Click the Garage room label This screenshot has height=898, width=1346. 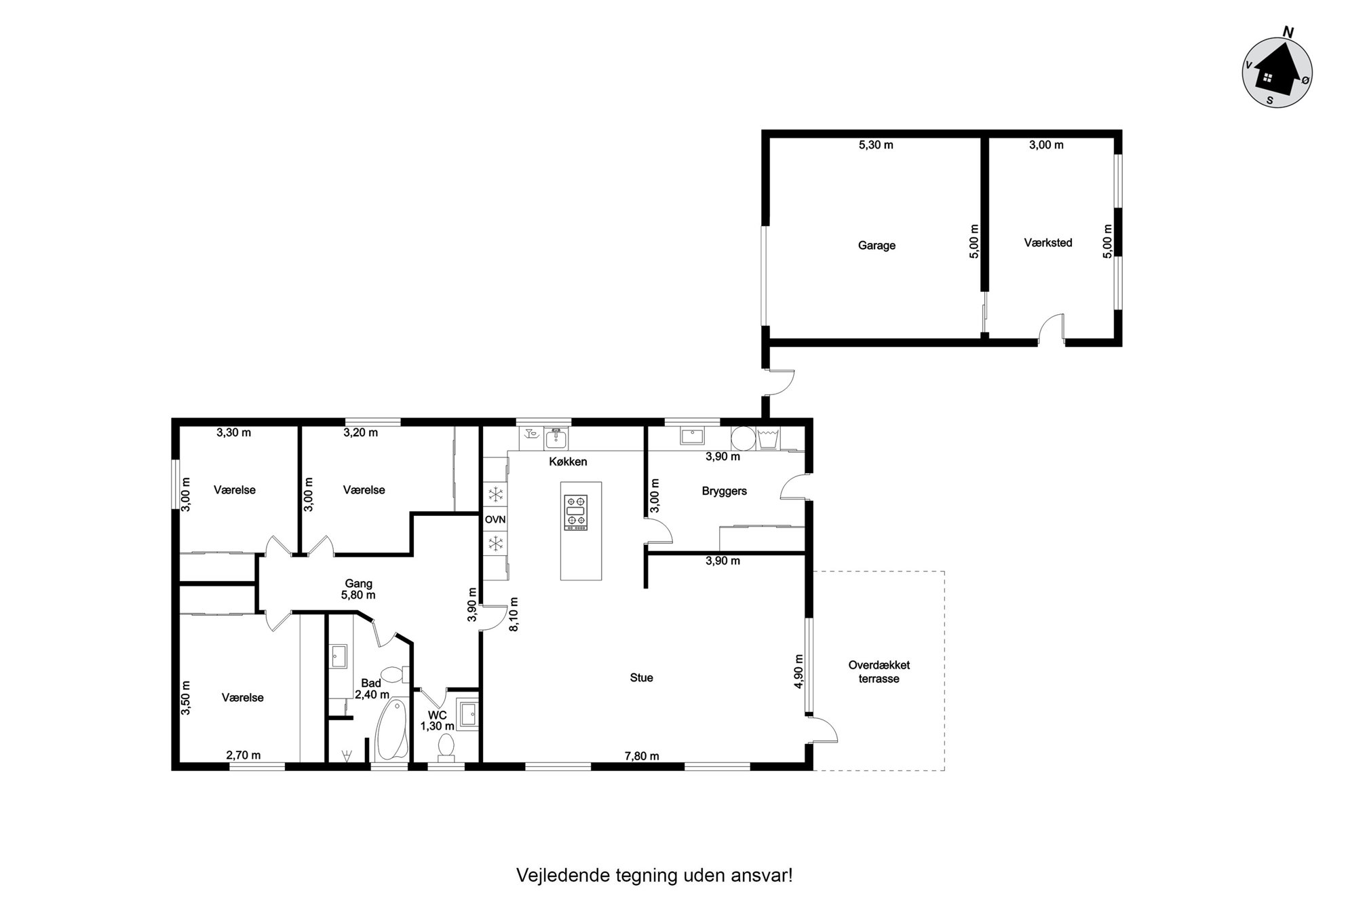pos(877,246)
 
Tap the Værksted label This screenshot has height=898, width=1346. pos(1048,242)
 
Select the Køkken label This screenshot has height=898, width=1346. pos(568,462)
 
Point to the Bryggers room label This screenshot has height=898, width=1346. pos(724,491)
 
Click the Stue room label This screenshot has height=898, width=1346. pos(641,677)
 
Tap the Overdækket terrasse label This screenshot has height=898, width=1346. pos(879,672)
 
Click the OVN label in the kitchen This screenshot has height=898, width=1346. pos(495,520)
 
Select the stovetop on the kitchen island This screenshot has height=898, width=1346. pos(576,512)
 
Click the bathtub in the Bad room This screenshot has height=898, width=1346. pos(390,730)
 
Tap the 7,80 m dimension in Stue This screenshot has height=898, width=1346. pos(642,756)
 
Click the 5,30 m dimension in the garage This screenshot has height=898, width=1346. pos(876,145)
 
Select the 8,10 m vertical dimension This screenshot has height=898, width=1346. pos(514,614)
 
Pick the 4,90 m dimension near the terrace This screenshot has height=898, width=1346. pos(799,671)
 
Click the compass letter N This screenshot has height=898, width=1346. pos(1287,31)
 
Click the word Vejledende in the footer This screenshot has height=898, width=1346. pos(554,876)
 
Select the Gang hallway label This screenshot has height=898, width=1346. pos(358,584)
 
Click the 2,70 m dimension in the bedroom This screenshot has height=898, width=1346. pos(243,755)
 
